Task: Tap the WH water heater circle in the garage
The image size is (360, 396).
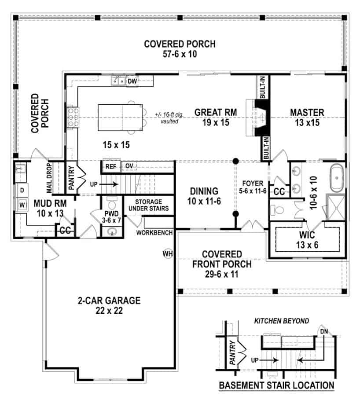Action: (167, 254)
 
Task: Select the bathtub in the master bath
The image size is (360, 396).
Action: (338, 177)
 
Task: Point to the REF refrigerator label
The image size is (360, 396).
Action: (110, 166)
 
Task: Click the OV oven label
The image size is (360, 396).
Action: (129, 166)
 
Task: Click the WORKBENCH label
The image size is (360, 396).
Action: (154, 232)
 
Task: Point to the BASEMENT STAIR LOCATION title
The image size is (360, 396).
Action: (276, 385)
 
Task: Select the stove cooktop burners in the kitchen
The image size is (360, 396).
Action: (73, 117)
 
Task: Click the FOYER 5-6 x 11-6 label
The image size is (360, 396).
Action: (252, 187)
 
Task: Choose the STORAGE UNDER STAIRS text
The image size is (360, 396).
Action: (148, 205)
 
